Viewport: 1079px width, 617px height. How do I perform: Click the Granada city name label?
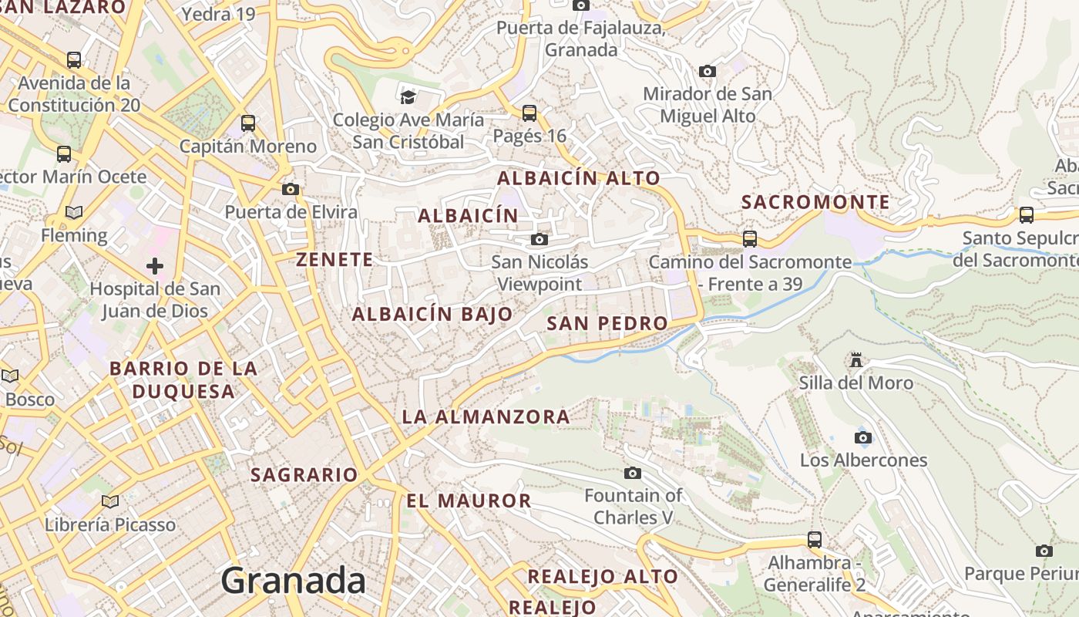coord(293,580)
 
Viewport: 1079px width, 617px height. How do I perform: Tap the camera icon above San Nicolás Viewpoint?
coord(539,240)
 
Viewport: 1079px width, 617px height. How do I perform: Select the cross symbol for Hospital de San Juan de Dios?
coord(155,266)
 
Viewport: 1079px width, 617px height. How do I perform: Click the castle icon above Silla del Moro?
coord(855,359)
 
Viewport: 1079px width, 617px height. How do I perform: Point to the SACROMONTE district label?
coord(815,203)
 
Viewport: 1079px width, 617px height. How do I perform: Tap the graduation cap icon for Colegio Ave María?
coord(408,97)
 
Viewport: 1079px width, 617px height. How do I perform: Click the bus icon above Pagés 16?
coord(529,113)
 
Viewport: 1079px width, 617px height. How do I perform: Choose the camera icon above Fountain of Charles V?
coord(633,473)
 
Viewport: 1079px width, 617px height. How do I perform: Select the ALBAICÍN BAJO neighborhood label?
coord(432,314)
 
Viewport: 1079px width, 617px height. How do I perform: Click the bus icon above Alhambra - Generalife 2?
coord(815,539)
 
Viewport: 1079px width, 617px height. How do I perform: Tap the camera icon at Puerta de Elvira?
coord(291,189)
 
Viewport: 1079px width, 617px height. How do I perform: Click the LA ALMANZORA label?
coord(486,417)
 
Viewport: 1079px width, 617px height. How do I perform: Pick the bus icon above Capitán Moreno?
coord(248,123)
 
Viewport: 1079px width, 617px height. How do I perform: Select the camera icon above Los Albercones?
coord(863,437)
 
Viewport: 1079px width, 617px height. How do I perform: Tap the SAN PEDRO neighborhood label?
coord(607,323)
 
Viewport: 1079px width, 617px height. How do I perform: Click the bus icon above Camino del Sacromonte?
coord(750,239)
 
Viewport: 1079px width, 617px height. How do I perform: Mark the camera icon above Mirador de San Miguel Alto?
coord(707,72)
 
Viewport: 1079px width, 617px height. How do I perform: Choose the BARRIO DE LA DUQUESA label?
coord(183,379)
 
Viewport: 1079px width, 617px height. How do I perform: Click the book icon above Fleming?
coord(74,212)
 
